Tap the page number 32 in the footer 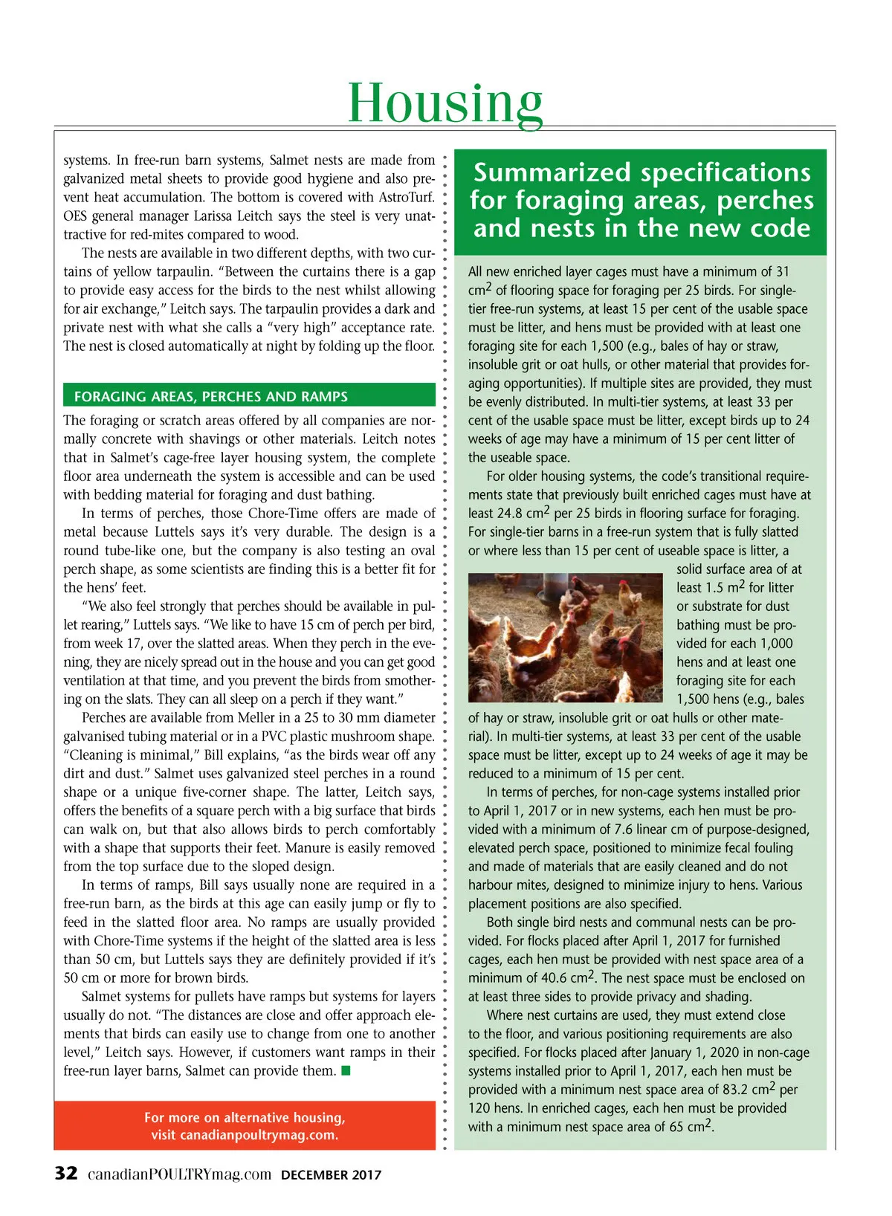click(66, 1174)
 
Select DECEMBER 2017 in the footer click(331, 1175)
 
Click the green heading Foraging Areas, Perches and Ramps click(211, 396)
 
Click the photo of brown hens click(565, 637)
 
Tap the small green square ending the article click(346, 1071)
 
